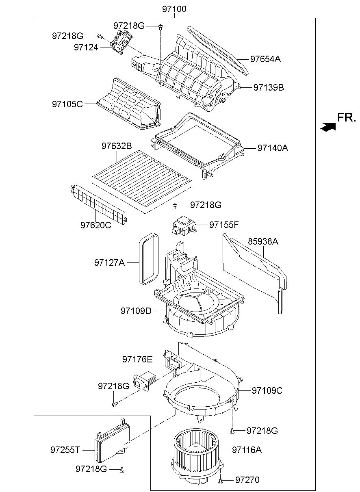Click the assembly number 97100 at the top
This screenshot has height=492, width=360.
pyautogui.click(x=174, y=9)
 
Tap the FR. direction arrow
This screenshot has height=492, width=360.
pyautogui.click(x=328, y=127)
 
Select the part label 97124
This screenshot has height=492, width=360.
pyautogui.click(x=86, y=47)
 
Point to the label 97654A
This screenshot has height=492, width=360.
pyautogui.click(x=266, y=59)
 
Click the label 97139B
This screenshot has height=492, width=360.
pyautogui.click(x=269, y=87)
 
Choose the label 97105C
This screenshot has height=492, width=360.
pyautogui.click(x=67, y=104)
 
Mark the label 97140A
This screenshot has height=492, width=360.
pyautogui.click(x=273, y=148)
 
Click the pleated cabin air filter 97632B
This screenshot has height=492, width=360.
pyautogui.click(x=143, y=182)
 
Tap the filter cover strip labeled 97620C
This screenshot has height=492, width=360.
pyautogui.click(x=98, y=204)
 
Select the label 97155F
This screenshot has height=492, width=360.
pyautogui.click(x=224, y=225)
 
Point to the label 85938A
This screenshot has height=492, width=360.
pyautogui.click(x=263, y=241)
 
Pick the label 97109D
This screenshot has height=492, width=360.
pyautogui.click(x=136, y=311)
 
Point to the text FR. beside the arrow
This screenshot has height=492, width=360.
pyautogui.click(x=346, y=117)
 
